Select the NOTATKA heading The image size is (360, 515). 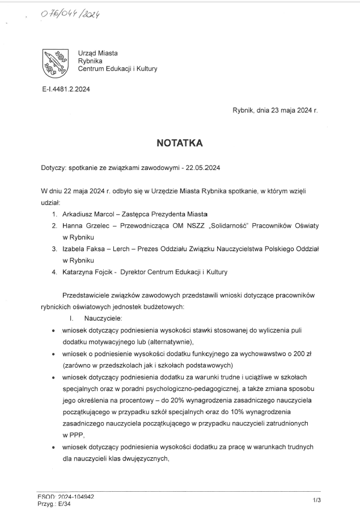180,144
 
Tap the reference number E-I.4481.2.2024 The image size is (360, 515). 62,89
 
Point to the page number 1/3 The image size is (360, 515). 316,500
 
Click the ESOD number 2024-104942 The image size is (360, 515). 75,496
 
